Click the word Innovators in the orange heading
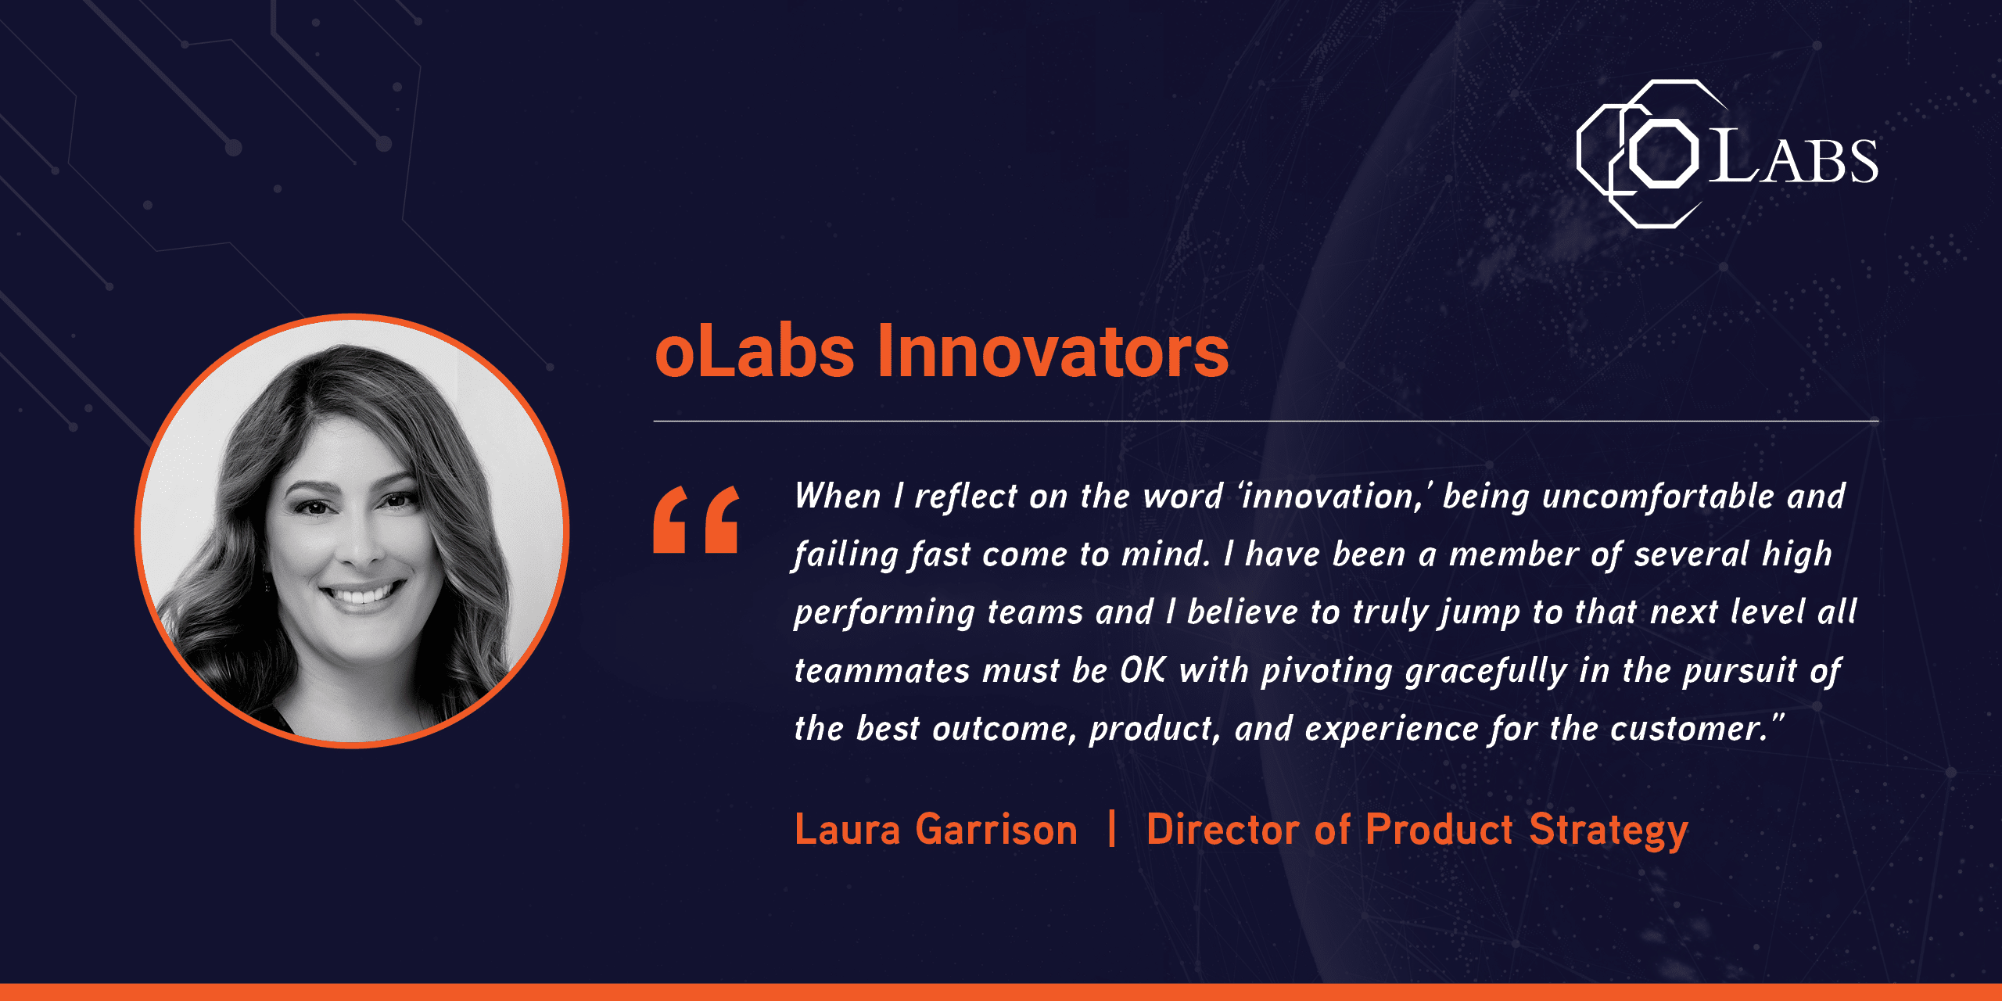tap(1053, 351)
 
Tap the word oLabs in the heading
tap(755, 351)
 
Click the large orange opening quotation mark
tap(696, 519)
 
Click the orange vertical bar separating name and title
tap(1112, 828)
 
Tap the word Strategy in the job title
tap(1609, 832)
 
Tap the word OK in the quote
tap(1143, 670)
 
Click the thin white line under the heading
tap(1266, 421)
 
